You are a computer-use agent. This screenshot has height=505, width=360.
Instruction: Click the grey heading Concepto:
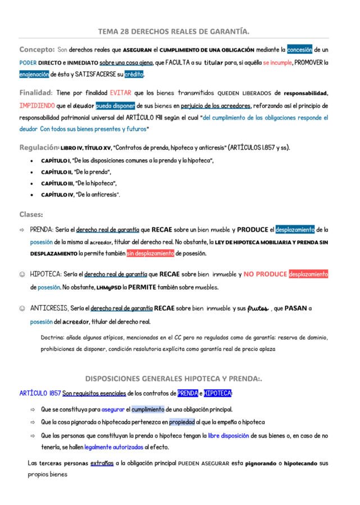click(37, 49)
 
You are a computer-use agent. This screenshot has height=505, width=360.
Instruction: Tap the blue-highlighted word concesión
click(299, 49)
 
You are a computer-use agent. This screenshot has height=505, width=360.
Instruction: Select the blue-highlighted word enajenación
click(34, 74)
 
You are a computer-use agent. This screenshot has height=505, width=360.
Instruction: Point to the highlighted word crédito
click(134, 74)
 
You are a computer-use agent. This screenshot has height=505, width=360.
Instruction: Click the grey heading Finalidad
click(35, 93)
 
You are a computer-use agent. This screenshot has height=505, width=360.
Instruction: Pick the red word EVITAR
click(121, 93)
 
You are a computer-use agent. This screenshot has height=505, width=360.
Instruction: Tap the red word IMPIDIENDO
click(37, 105)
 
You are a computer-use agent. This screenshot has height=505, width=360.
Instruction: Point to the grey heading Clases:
click(31, 214)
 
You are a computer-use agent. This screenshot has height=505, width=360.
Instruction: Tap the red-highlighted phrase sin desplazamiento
click(150, 253)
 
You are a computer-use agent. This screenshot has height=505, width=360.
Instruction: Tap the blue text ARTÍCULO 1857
click(39, 393)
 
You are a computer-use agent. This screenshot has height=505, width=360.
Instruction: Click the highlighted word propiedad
click(181, 422)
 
